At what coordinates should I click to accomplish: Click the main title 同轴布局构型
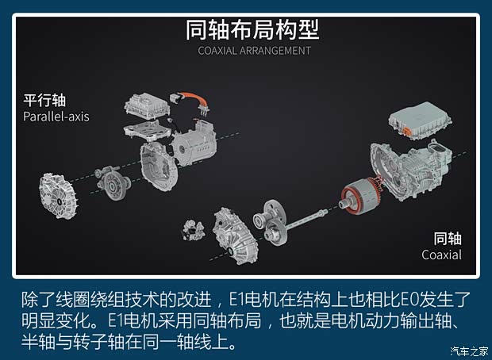[x=252, y=30]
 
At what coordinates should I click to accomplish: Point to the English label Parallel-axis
[x=56, y=117]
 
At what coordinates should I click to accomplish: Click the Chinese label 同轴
[x=447, y=239]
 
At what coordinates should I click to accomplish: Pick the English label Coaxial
[x=442, y=255]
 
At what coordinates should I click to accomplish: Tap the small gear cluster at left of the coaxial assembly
[x=193, y=226]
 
